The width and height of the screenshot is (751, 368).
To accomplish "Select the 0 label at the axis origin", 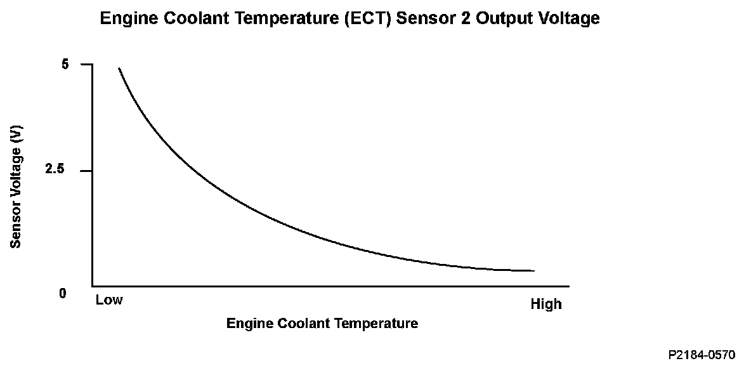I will [63, 294].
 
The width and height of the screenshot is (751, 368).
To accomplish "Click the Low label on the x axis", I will [109, 299].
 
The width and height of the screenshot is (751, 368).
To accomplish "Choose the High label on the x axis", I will [545, 305].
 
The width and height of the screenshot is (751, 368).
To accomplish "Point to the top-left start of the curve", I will [119, 68].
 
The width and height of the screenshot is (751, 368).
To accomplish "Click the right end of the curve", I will [534, 270].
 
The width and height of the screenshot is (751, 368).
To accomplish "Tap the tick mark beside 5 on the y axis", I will [87, 64].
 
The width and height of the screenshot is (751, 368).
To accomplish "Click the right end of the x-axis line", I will [568, 286].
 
